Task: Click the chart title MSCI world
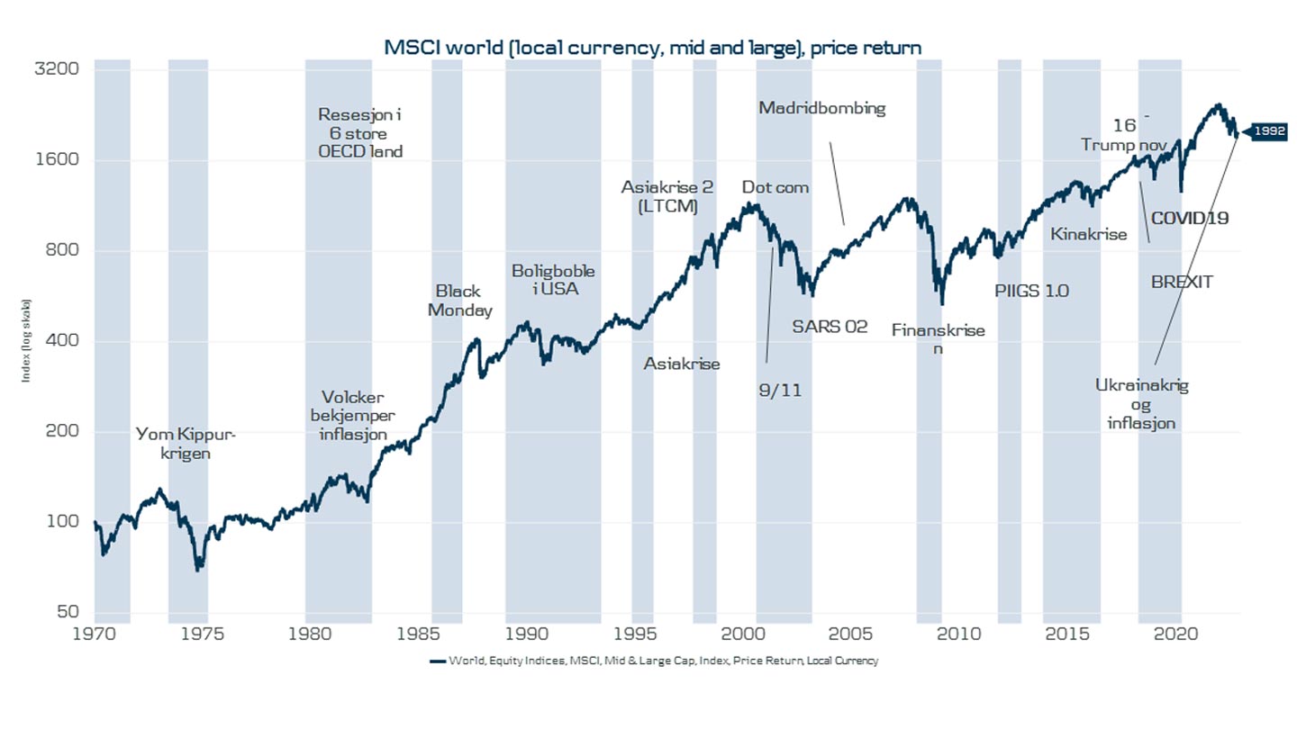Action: coord(652,48)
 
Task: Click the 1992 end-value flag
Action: coord(1267,131)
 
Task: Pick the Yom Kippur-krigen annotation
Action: coord(186,445)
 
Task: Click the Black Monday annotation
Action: coord(459,301)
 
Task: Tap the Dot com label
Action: coord(775,187)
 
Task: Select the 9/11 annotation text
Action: coord(780,390)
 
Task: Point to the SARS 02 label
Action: coord(830,327)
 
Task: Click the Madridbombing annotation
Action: coord(821,108)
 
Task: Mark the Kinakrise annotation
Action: coord(1088,234)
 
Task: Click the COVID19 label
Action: coord(1190,217)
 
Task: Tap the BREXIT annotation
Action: coord(1182,282)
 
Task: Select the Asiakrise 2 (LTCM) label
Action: coord(667,197)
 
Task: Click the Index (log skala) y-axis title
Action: coord(26,339)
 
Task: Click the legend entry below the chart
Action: coord(653,661)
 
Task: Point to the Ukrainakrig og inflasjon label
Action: coord(1141,403)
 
